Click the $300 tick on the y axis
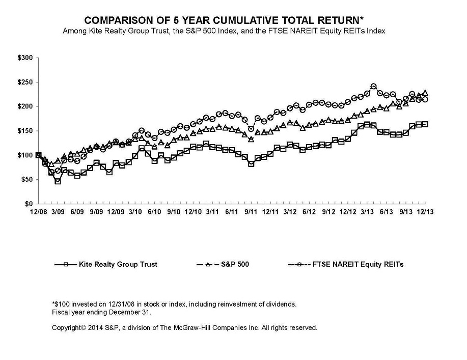(x=25, y=58)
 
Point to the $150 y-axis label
(x=25, y=131)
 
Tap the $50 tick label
(x=26, y=180)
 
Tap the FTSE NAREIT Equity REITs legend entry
(x=353, y=264)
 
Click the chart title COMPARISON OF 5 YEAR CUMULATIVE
(x=224, y=21)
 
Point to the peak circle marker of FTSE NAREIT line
(x=373, y=87)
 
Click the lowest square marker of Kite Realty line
(x=58, y=181)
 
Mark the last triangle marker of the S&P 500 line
(x=425, y=93)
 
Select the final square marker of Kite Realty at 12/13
(x=425, y=124)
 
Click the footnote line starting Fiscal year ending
(x=102, y=312)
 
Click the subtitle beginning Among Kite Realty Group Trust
(x=224, y=32)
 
